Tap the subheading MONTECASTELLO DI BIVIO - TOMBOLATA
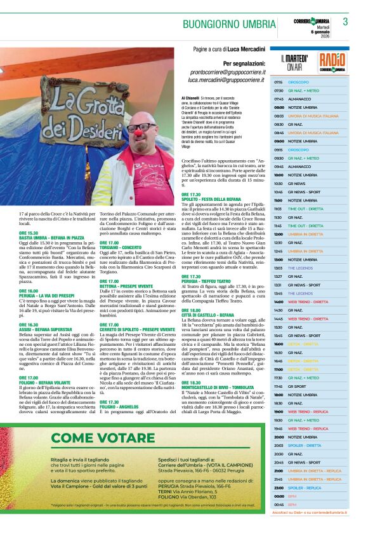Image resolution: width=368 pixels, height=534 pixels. point(225,387)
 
